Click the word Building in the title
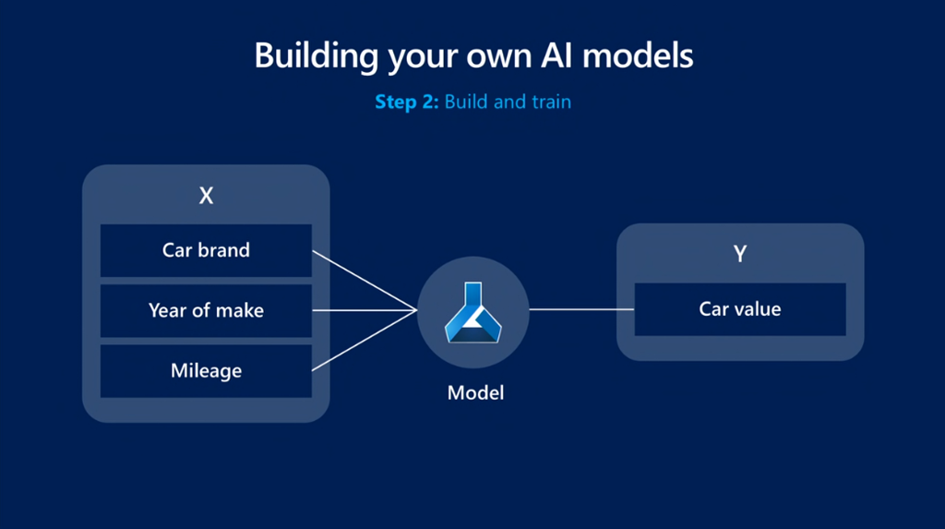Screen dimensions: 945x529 [x=316, y=56]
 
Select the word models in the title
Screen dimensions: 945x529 [x=638, y=55]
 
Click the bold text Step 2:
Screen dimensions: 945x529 [x=407, y=102]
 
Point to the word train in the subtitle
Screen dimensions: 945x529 [x=551, y=102]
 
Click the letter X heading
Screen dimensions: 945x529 [x=206, y=196]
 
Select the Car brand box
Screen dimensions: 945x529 [x=206, y=250]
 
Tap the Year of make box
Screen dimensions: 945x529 [x=206, y=310]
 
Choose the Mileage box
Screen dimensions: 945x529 [x=206, y=371]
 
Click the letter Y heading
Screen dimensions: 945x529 [x=740, y=254]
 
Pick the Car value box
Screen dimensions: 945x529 [x=740, y=309]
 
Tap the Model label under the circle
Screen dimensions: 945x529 [x=475, y=392]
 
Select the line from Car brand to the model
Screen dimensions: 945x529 [x=365, y=281]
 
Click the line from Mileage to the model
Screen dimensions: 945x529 [x=365, y=340]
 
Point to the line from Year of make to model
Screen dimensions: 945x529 [x=365, y=310]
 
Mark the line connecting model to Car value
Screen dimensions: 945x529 [x=581, y=309]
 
